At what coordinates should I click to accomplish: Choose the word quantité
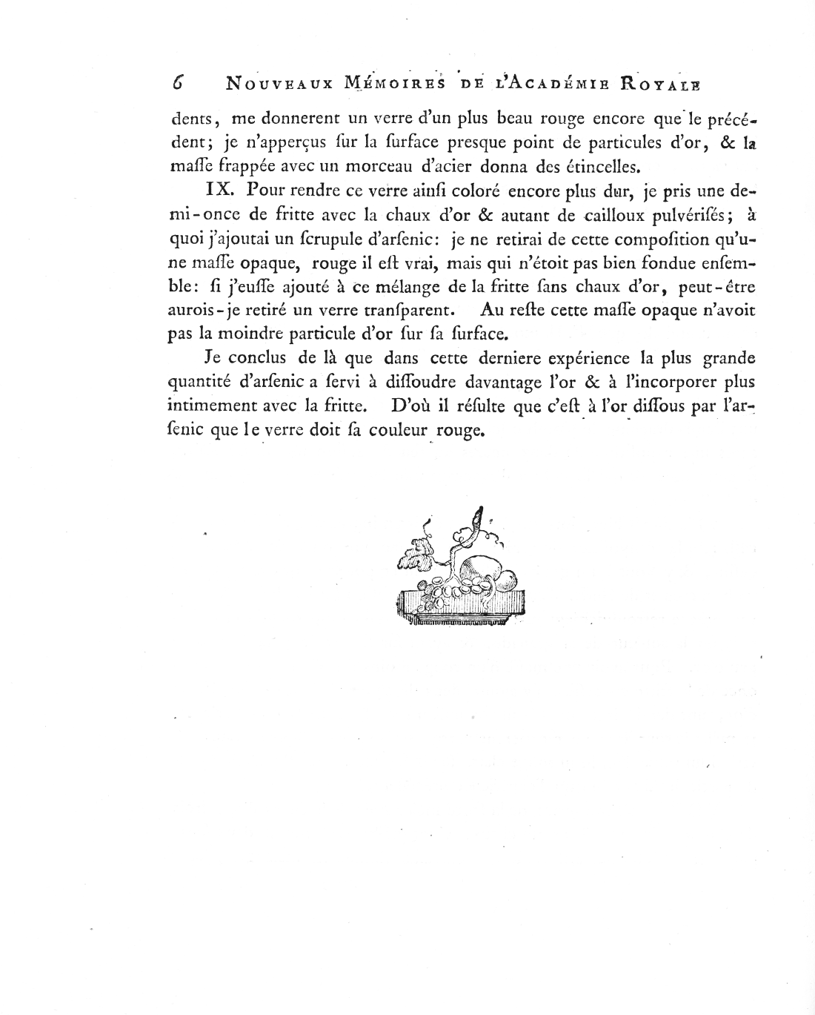click(198, 383)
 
